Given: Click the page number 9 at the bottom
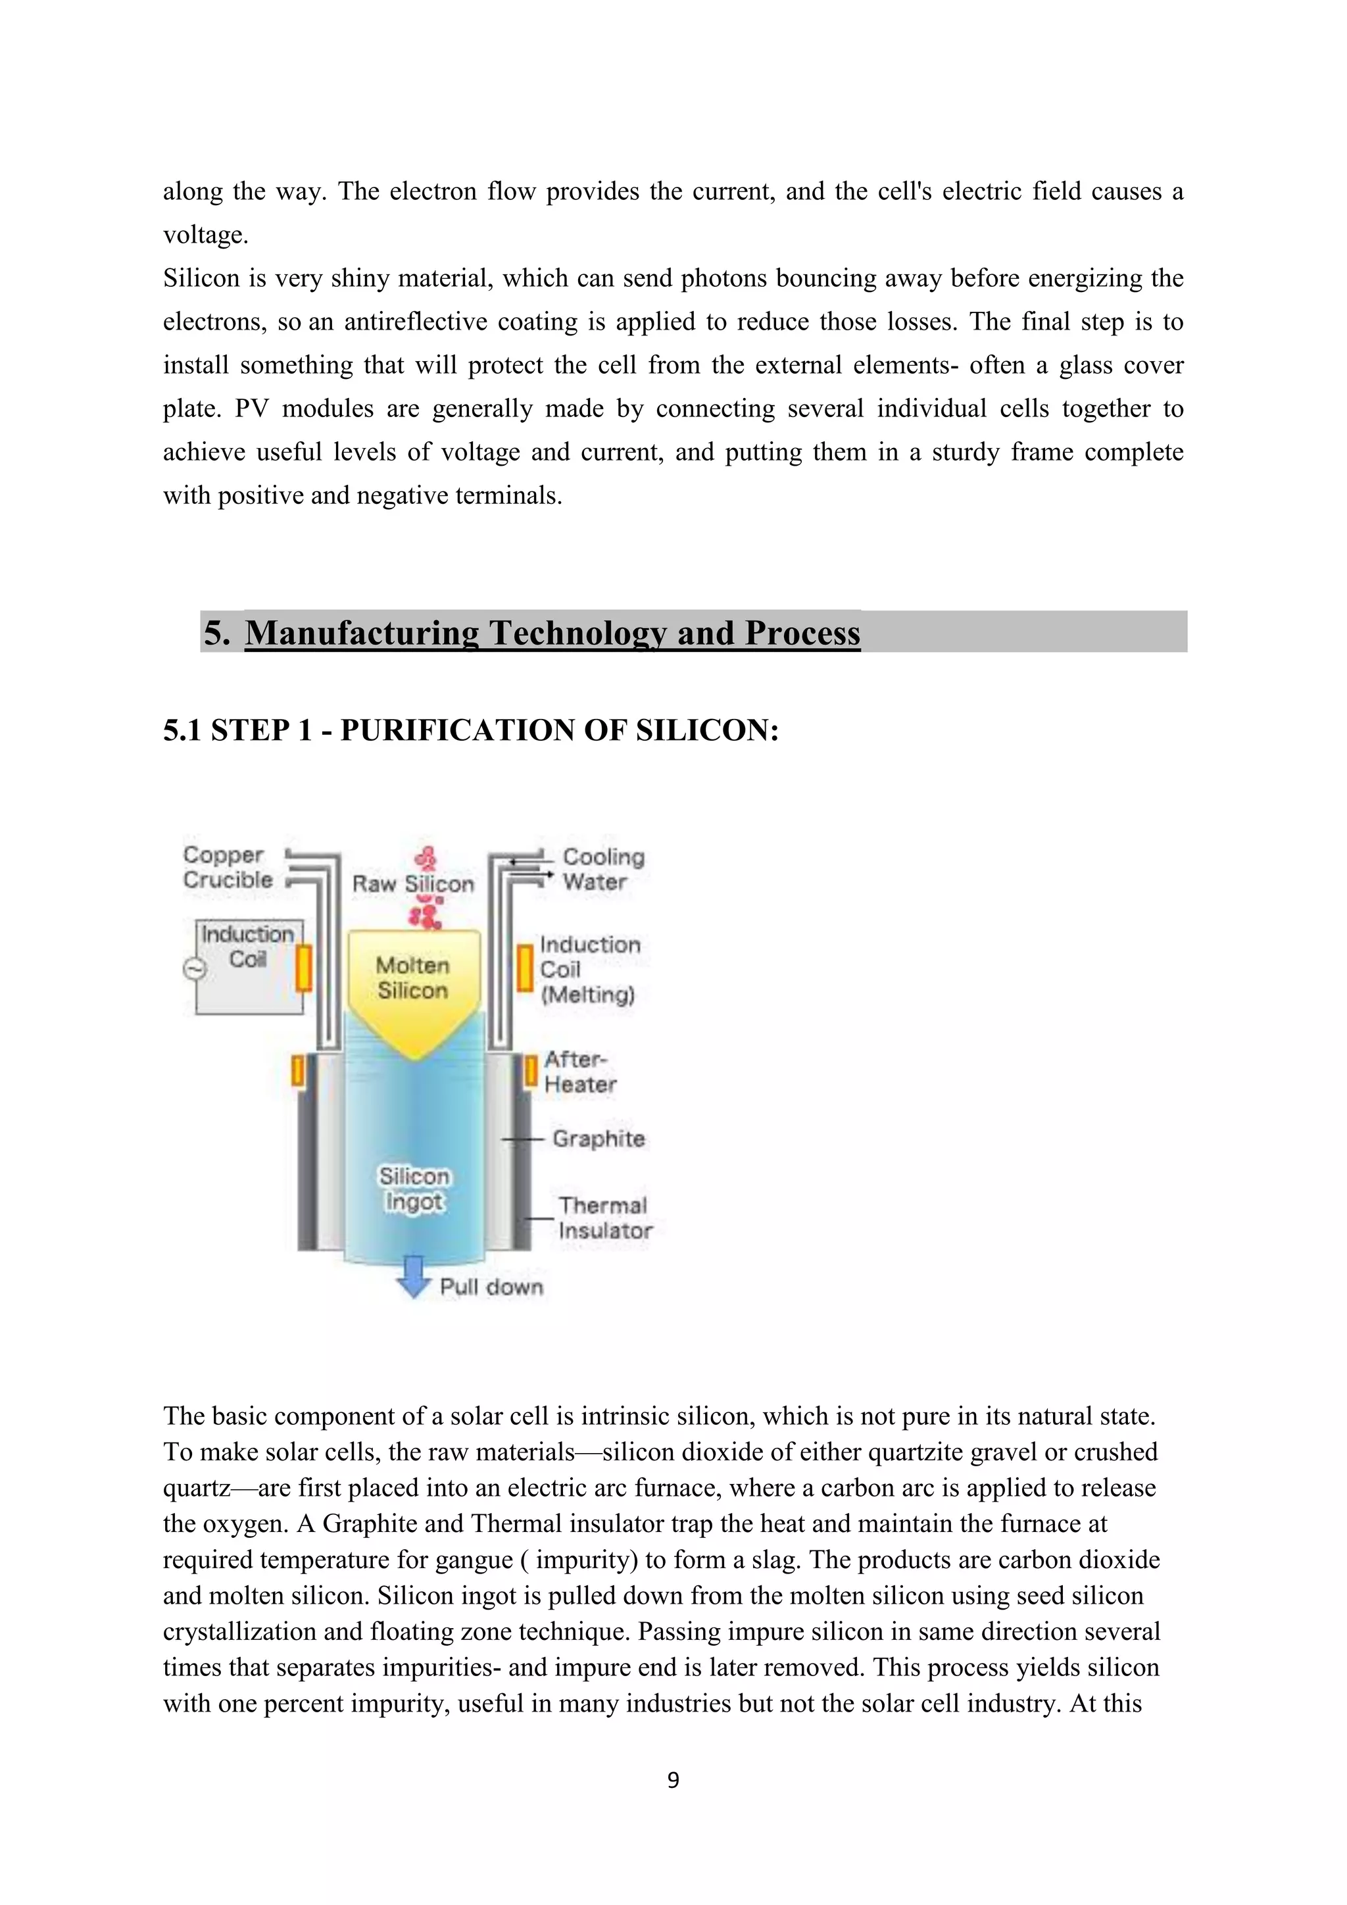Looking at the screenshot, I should [673, 1780].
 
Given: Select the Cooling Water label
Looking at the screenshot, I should [603, 869].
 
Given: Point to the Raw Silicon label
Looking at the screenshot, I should [412, 885].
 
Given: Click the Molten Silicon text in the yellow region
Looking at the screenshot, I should [412, 977].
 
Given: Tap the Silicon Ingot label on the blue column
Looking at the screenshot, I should [414, 1188].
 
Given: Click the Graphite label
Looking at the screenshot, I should [598, 1139].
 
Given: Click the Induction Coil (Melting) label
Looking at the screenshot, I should [590, 969].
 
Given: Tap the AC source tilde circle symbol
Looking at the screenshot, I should [194, 969].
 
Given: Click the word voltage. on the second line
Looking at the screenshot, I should [206, 235].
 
